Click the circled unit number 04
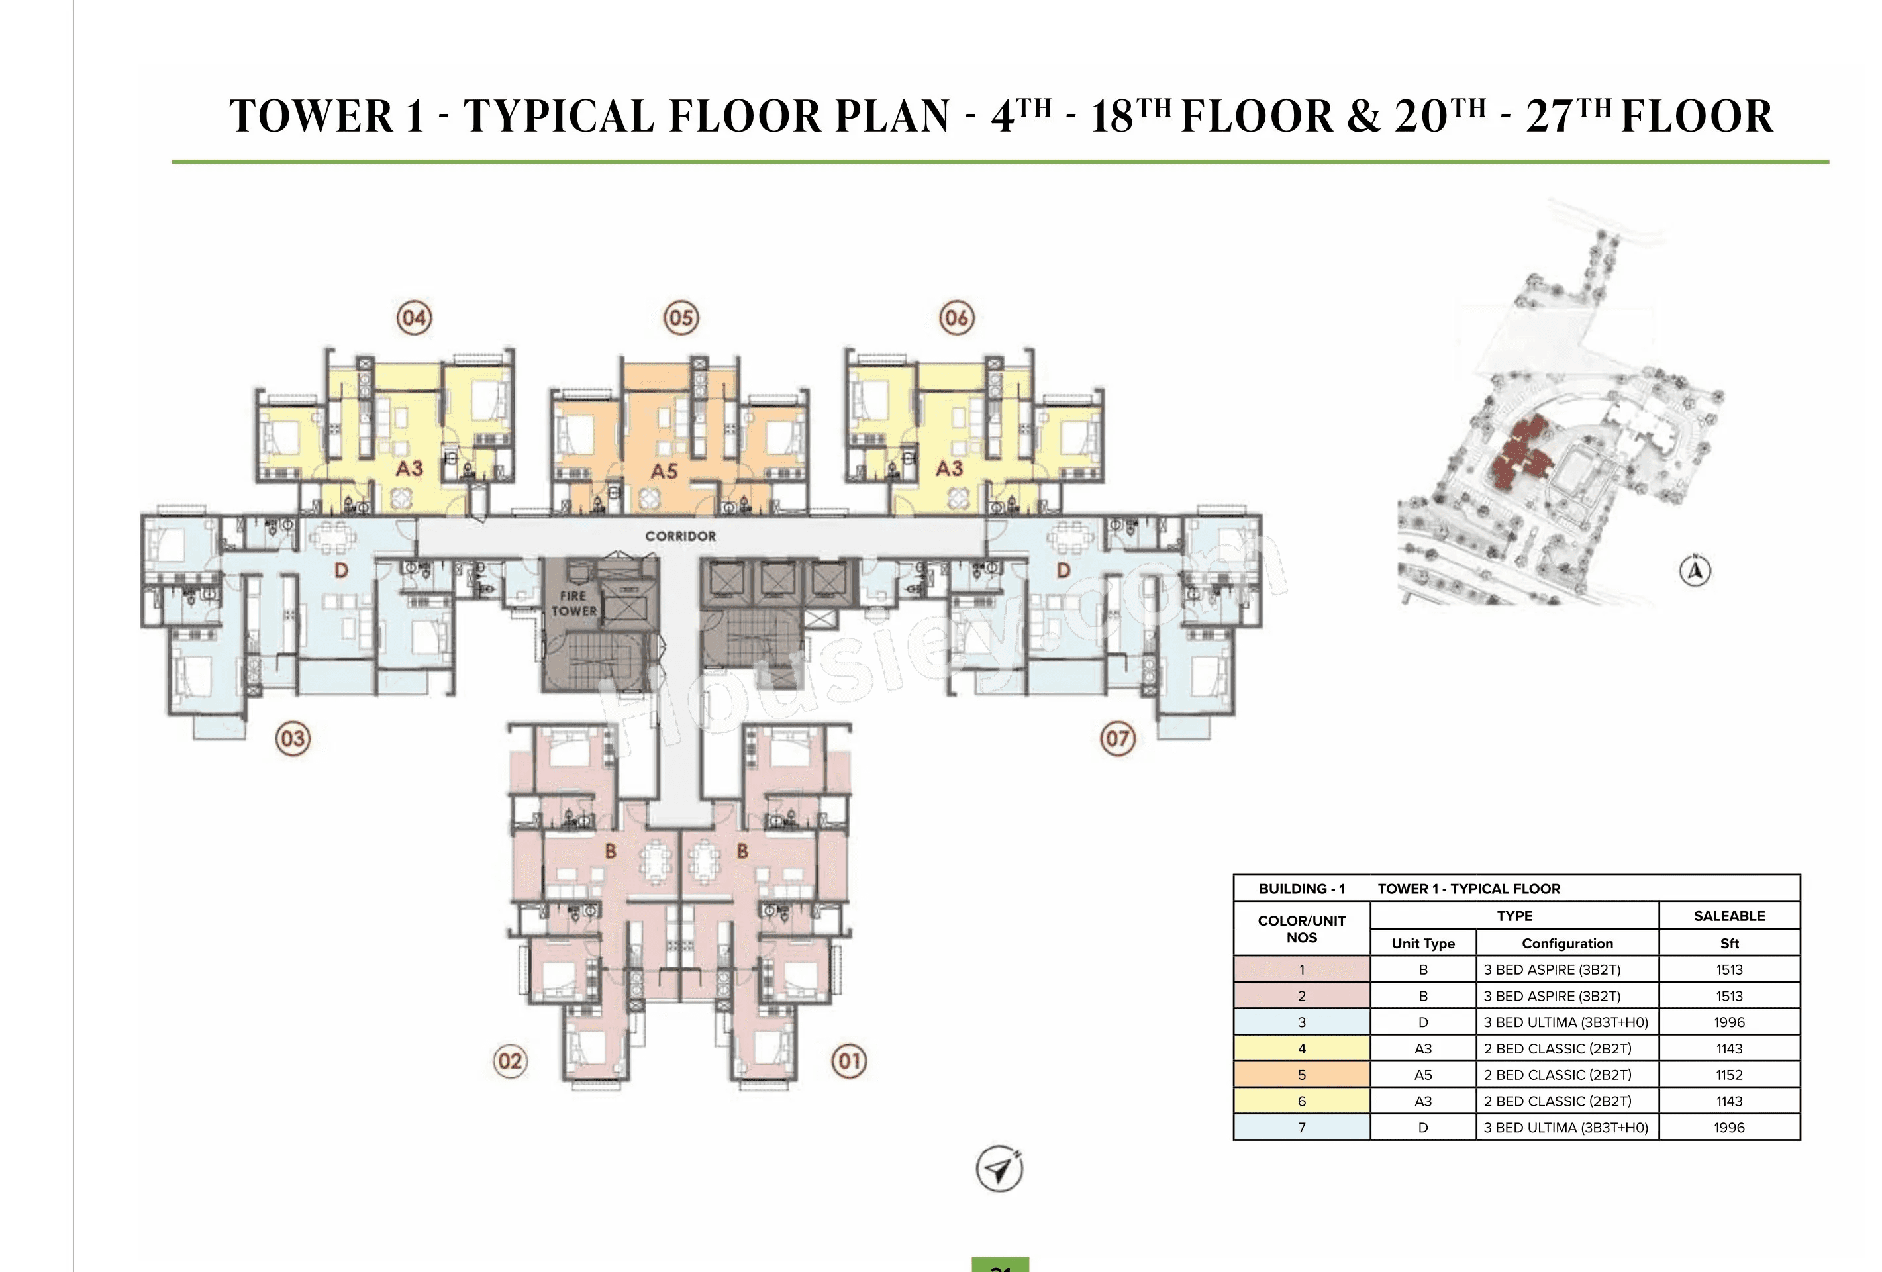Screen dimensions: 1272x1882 coord(414,317)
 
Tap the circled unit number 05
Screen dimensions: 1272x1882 coord(681,317)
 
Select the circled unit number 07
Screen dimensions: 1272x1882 coord(1118,738)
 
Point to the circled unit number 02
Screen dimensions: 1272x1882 coord(510,1061)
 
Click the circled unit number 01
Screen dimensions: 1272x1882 coord(849,1061)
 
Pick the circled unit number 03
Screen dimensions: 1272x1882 coord(292,738)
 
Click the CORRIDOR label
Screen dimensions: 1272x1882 coord(680,536)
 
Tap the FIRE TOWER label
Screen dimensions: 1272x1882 coord(573,603)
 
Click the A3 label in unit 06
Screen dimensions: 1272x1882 coord(949,469)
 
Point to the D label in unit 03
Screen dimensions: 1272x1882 coord(341,571)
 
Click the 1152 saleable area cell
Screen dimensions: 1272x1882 coord(1728,1075)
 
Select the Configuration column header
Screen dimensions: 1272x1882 coord(1567,944)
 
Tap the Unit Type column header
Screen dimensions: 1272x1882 coord(1423,944)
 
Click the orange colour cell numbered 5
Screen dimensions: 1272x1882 coord(1301,1075)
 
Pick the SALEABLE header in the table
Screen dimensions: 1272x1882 coord(1729,916)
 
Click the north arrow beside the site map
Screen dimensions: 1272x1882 coord(1695,571)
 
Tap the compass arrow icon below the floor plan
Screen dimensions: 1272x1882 coord(999,1168)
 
